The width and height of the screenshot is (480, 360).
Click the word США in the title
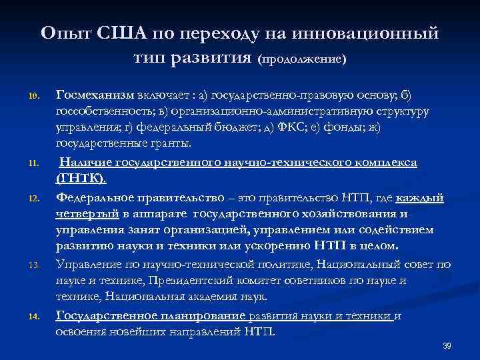click(x=118, y=33)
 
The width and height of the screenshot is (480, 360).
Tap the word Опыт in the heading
click(x=63, y=33)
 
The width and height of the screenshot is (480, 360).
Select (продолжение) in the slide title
click(x=303, y=59)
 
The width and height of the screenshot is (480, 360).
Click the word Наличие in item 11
click(x=86, y=162)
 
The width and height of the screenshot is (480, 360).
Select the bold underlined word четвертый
click(x=87, y=214)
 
